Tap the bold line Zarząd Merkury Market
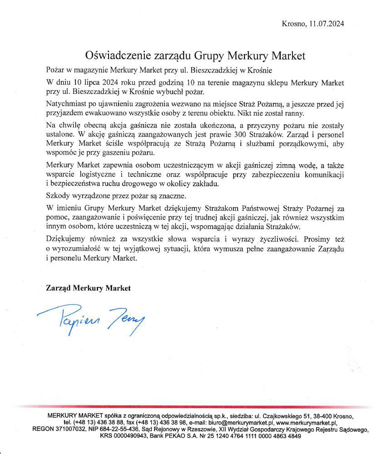pos(88,288)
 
